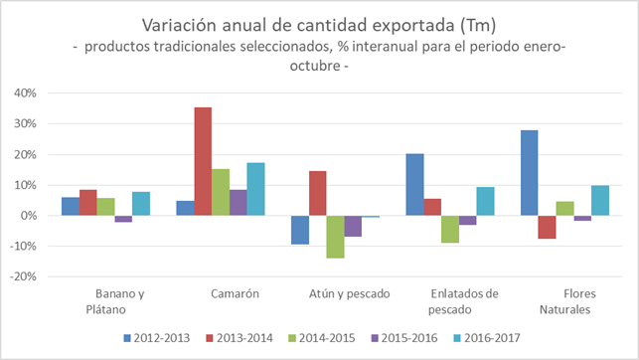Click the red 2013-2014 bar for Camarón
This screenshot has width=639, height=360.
[203, 161]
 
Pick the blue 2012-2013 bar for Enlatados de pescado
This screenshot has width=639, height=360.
[414, 185]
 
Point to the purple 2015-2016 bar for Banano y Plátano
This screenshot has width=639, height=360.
[123, 219]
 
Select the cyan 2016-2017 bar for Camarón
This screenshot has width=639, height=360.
[255, 189]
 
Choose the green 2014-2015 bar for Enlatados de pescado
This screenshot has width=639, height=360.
[450, 230]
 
